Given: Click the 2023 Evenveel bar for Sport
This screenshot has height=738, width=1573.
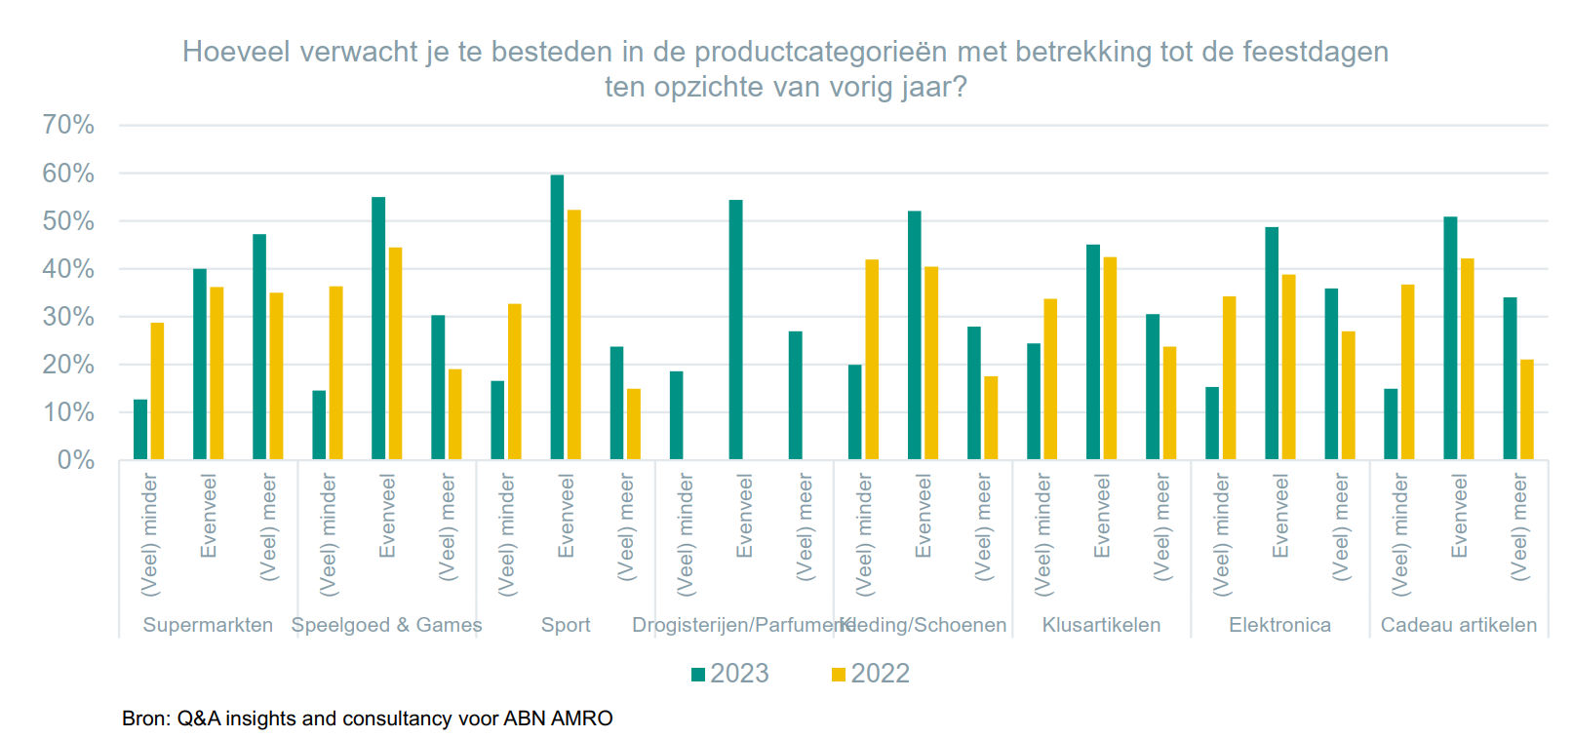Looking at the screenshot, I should pyautogui.click(x=557, y=318).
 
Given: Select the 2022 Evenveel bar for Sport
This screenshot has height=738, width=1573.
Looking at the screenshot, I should pyautogui.click(x=574, y=335).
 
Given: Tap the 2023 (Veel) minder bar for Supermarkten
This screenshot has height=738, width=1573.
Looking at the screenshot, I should pyautogui.click(x=140, y=430).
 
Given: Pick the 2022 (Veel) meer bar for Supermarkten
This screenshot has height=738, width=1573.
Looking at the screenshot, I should pyautogui.click(x=277, y=376).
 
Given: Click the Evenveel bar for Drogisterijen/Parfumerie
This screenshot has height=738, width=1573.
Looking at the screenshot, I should pyautogui.click(x=735, y=330).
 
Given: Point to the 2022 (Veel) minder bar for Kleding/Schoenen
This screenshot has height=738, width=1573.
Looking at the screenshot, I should pyautogui.click(x=872, y=360).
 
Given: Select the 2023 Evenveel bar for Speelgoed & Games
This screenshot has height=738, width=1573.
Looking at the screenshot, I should pyautogui.click(x=378, y=329).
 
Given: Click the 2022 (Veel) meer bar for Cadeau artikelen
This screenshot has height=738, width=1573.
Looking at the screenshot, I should pyautogui.click(x=1527, y=409).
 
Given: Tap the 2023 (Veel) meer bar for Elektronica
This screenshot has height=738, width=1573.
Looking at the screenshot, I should pyautogui.click(x=1331, y=374).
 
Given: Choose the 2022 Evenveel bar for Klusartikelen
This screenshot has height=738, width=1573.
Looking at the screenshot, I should pyautogui.click(x=1110, y=359).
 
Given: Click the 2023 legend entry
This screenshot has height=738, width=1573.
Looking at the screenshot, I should pyautogui.click(x=730, y=674).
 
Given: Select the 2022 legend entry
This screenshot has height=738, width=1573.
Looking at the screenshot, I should pyautogui.click(x=871, y=674).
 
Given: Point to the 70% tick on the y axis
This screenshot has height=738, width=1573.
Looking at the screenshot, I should pyautogui.click(x=68, y=125).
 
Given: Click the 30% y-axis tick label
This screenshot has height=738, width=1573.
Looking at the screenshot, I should pyautogui.click(x=68, y=317).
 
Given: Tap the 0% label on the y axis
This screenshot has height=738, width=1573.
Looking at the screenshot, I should pyautogui.click(x=75, y=460).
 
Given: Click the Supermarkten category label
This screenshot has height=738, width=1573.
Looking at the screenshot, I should pyautogui.click(x=208, y=625).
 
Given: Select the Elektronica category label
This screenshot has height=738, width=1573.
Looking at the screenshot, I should pyautogui.click(x=1279, y=625).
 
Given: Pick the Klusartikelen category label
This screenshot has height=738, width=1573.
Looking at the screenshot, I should pyautogui.click(x=1101, y=625).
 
